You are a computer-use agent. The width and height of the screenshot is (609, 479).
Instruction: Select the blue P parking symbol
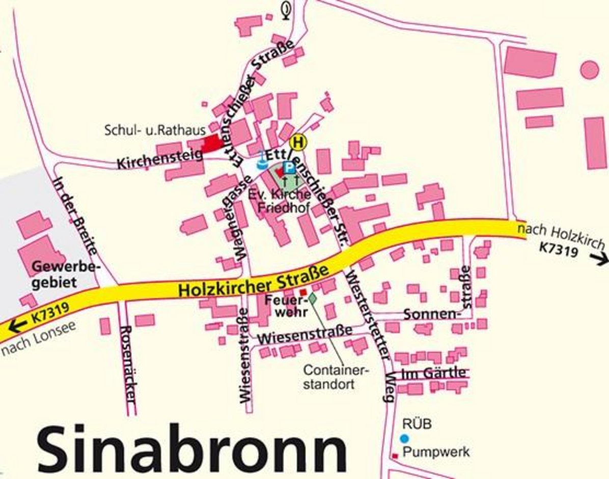pos(289,167)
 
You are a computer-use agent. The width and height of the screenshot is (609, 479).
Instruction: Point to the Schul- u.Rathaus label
pos(155,130)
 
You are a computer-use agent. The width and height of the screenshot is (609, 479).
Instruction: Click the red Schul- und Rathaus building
pos(211,143)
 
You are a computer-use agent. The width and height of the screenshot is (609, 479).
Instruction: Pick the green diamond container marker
pos(313,298)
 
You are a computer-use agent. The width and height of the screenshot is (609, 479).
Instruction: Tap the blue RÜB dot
pos(404,438)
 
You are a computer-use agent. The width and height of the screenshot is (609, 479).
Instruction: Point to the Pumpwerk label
pos(435,452)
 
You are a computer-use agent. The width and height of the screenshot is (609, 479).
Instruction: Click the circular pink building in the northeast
pos(590,70)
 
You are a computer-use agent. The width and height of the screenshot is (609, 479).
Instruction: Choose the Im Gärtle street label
pos(433,373)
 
